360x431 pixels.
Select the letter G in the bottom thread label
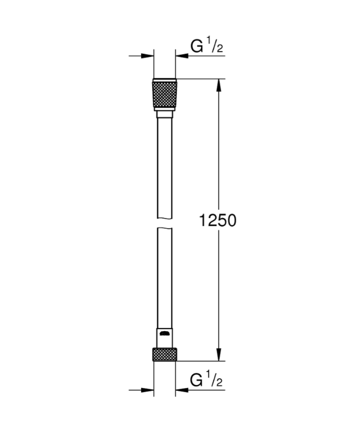tap(197, 379)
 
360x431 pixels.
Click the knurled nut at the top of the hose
tap(164, 94)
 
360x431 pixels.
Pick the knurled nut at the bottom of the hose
tap(164, 354)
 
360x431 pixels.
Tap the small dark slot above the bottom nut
tap(164, 333)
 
